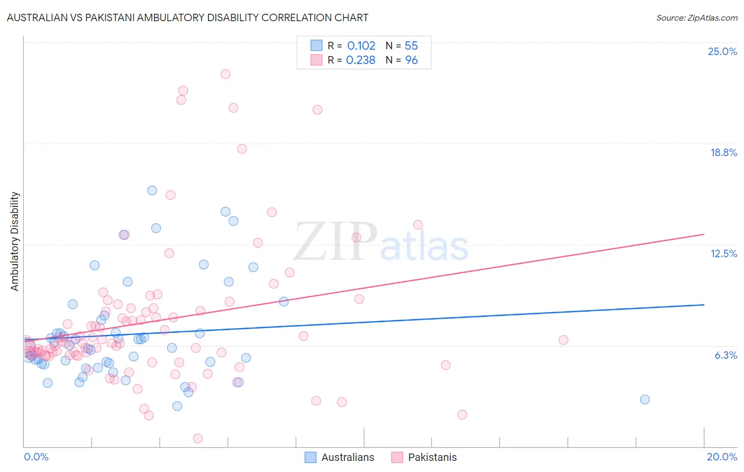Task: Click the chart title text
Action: (x=188, y=17)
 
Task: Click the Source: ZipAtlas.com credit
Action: (x=696, y=18)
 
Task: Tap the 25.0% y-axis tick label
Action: (x=722, y=51)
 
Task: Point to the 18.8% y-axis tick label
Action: (x=723, y=152)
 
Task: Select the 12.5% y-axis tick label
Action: (x=723, y=253)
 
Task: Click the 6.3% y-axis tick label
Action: (x=725, y=355)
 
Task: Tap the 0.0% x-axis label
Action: (x=36, y=457)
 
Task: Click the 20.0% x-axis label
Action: (x=722, y=457)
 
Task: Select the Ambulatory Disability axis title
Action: (x=15, y=241)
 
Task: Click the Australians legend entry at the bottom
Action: (x=347, y=457)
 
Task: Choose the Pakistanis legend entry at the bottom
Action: (x=432, y=457)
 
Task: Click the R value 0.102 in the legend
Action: (x=361, y=46)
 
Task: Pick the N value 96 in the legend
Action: (x=411, y=60)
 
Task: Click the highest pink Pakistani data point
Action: (x=225, y=74)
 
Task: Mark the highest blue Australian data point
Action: (x=152, y=190)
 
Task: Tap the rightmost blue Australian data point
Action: (x=645, y=400)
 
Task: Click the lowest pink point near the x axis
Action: (x=198, y=438)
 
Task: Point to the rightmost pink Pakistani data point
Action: (x=564, y=340)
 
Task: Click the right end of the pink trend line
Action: (x=704, y=234)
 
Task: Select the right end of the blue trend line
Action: (x=704, y=305)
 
